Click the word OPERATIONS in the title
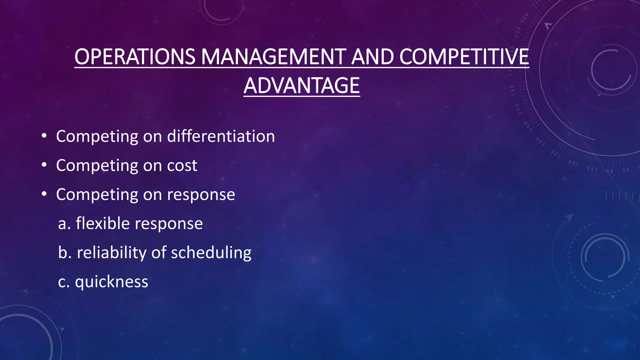tap(135, 57)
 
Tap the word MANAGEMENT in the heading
tap(273, 57)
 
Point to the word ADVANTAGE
tap(302, 86)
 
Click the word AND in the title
tap(372, 57)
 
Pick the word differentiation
tap(221, 136)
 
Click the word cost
tap(182, 166)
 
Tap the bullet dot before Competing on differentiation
tap(44, 136)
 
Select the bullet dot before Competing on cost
tap(44, 165)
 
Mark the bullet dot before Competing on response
tap(44, 194)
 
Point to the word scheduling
tap(211, 253)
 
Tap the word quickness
tap(112, 282)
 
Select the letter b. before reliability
tap(65, 253)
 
